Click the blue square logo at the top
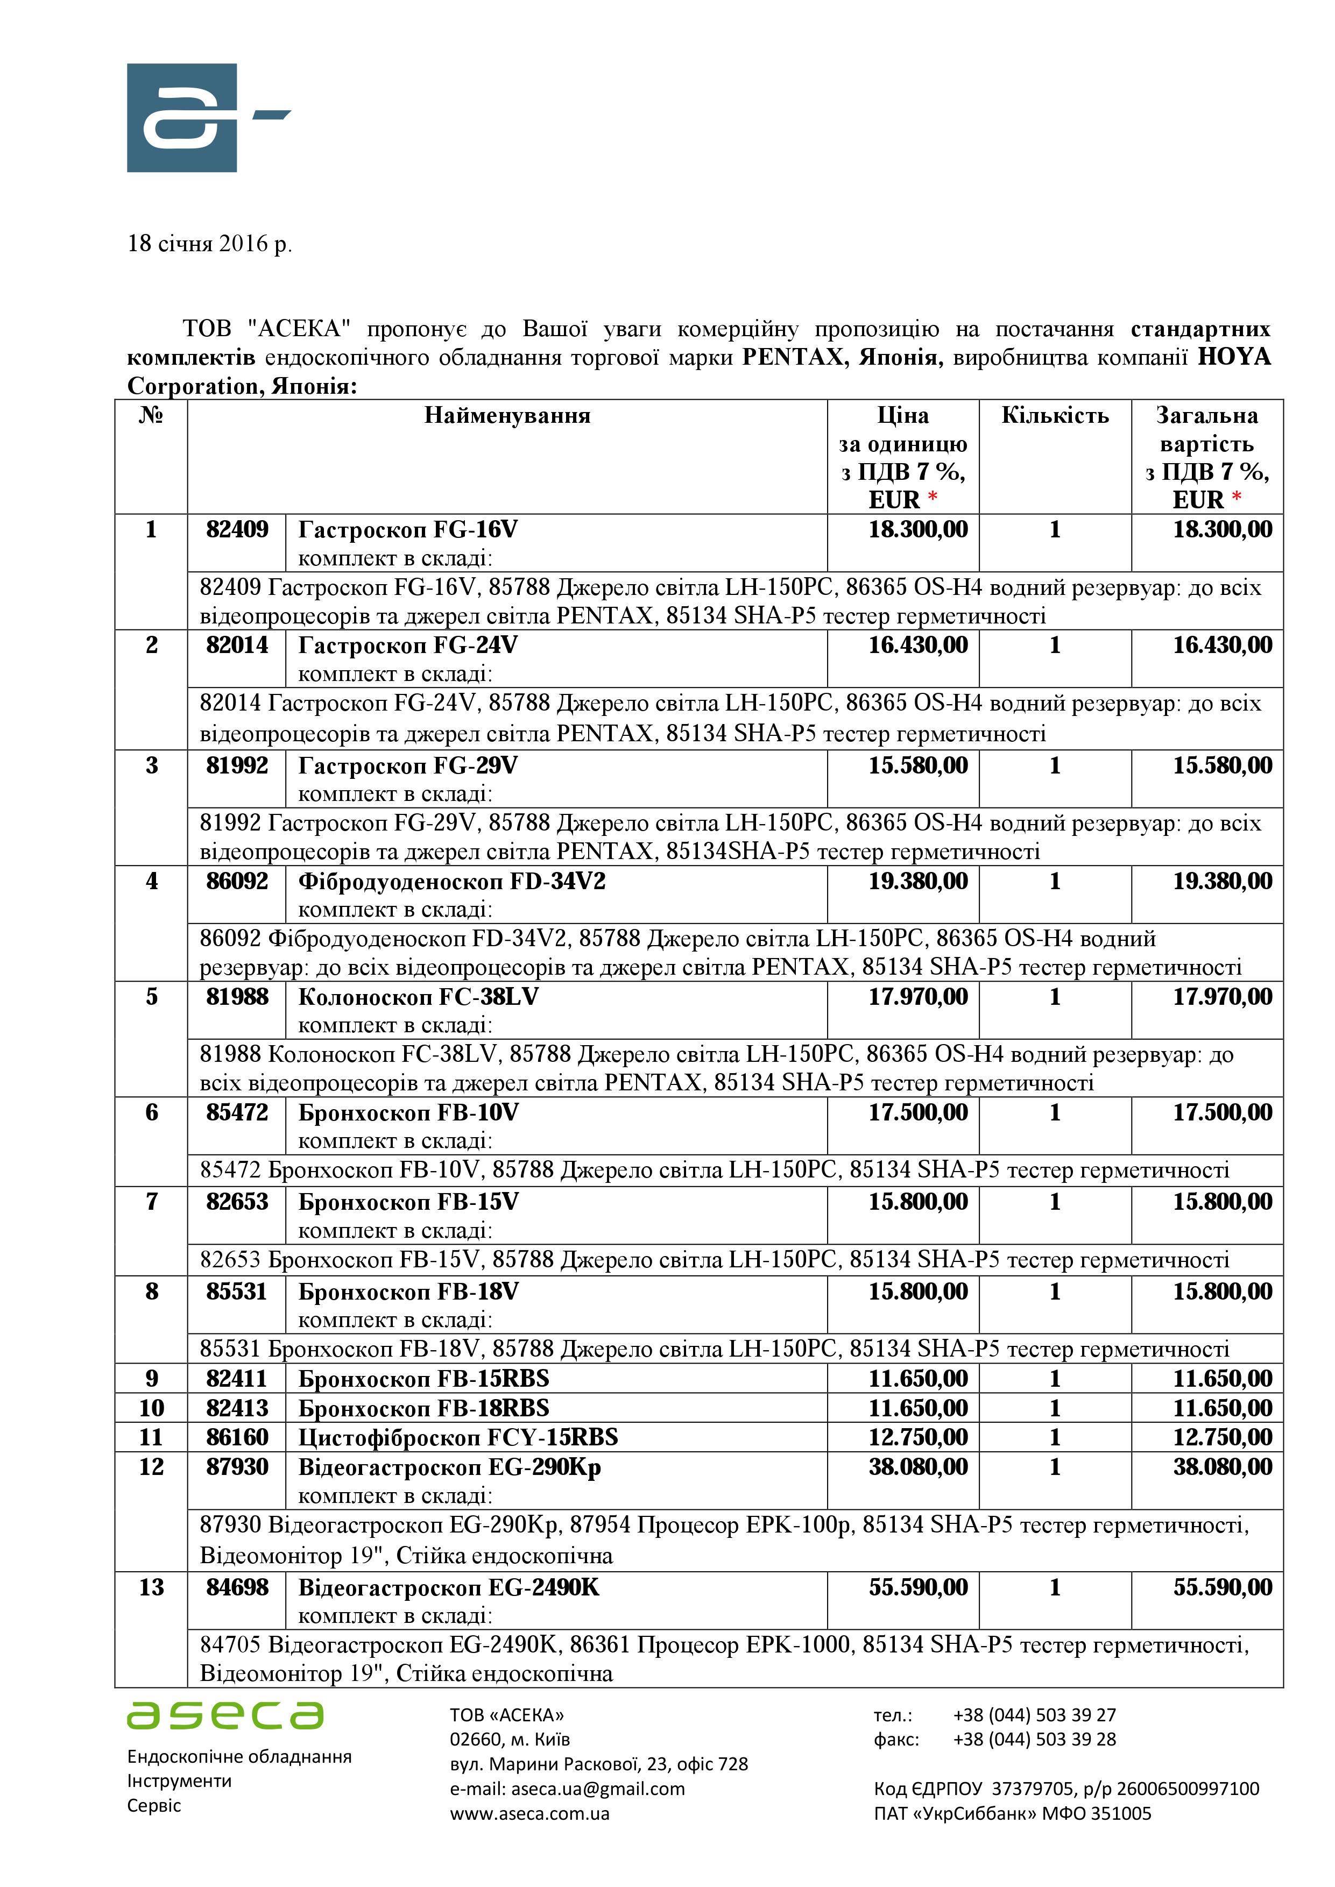(x=182, y=117)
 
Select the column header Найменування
(x=507, y=416)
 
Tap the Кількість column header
(x=1055, y=416)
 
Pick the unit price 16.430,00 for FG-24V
(x=918, y=645)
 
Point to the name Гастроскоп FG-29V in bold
(x=408, y=766)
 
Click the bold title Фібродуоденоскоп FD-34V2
(x=451, y=882)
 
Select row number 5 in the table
(x=151, y=997)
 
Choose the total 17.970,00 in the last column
(x=1223, y=997)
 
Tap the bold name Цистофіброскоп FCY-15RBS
(x=458, y=1437)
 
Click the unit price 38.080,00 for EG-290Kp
(x=918, y=1467)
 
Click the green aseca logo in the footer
(x=225, y=1715)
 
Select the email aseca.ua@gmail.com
(x=598, y=1789)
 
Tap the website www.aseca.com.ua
(x=529, y=1813)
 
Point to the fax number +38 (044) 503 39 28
(x=1034, y=1739)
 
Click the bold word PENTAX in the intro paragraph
(x=793, y=358)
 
